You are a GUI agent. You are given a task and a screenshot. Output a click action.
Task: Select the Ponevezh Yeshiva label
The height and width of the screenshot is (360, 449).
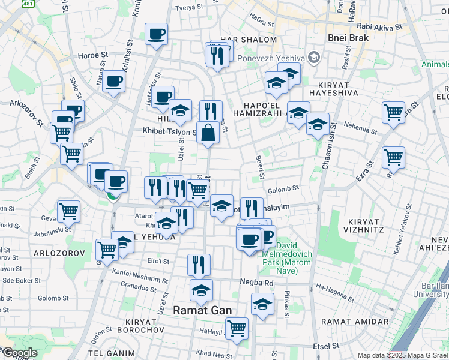pyautogui.click(x=271, y=58)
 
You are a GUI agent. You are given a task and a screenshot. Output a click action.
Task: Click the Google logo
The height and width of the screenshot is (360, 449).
pyautogui.click(x=19, y=353)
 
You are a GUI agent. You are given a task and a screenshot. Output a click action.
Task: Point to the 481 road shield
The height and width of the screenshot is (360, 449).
pyautogui.click(x=28, y=4)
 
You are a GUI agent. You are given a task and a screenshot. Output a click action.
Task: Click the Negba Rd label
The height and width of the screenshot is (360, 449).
pyautogui.click(x=260, y=283)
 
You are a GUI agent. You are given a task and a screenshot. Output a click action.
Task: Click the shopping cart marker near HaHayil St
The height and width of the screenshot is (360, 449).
pyautogui.click(x=237, y=328)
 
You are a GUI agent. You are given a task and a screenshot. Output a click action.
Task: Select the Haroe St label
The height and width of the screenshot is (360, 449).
pyautogui.click(x=92, y=55)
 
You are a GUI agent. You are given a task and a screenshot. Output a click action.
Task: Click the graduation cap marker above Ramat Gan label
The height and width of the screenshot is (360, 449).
pyautogui.click(x=201, y=291)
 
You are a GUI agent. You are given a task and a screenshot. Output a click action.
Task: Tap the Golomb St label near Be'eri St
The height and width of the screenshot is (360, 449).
pyautogui.click(x=283, y=188)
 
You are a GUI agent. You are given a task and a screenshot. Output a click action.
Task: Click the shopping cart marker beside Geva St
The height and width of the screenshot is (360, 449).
pyautogui.click(x=68, y=211)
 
